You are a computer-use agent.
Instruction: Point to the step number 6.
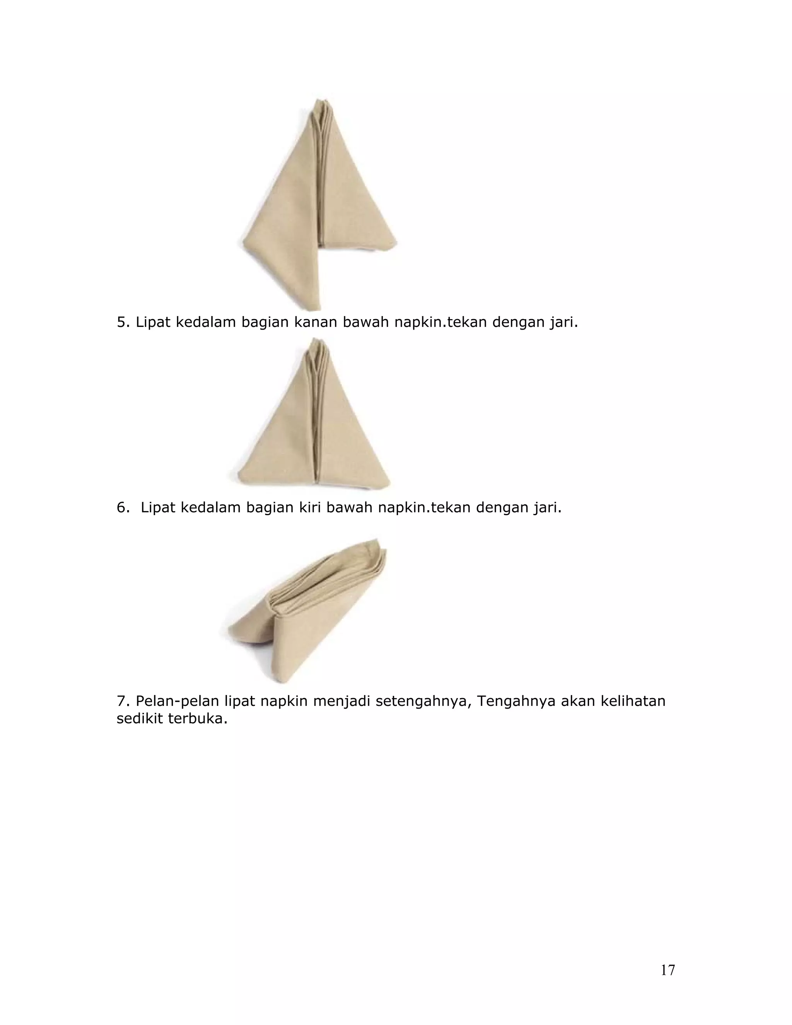123,507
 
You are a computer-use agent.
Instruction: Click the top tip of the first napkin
322,99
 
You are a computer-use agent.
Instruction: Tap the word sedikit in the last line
140,719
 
